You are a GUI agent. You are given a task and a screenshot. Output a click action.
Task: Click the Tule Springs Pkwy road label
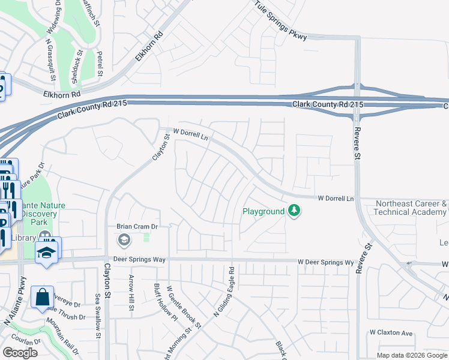click(x=280, y=22)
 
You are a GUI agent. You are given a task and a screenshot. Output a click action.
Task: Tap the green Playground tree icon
click(x=294, y=211)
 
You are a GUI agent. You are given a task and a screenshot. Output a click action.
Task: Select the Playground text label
click(x=263, y=211)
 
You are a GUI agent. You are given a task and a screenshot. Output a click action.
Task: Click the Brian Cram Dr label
click(x=136, y=227)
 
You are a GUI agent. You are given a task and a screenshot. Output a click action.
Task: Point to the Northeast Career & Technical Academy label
click(x=411, y=208)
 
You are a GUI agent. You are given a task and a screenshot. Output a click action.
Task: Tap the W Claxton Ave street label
click(x=391, y=332)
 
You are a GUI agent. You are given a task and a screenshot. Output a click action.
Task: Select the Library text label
click(x=23, y=238)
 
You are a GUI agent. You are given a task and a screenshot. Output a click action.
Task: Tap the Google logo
click(x=20, y=353)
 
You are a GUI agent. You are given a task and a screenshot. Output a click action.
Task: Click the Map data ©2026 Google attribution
click(x=411, y=355)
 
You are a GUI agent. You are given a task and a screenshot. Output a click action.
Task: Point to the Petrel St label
click(x=100, y=64)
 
